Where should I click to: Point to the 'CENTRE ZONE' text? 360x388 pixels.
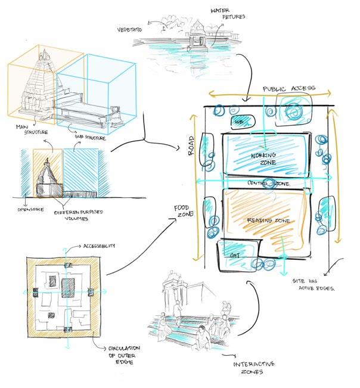click(269, 183)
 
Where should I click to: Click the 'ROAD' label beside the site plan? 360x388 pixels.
click(191, 146)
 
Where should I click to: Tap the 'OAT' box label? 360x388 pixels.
click(234, 255)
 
